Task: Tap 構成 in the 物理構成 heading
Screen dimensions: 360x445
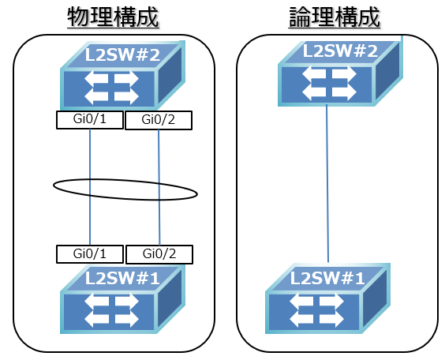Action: pyautogui.click(x=129, y=17)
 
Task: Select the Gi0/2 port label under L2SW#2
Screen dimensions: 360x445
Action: pyautogui.click(x=159, y=120)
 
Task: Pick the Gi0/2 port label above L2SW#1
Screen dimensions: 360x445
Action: pyautogui.click(x=159, y=254)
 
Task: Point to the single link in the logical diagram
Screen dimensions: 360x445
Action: pyautogui.click(x=327, y=182)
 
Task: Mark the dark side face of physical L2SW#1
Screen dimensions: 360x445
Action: pyautogui.click(x=171, y=300)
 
